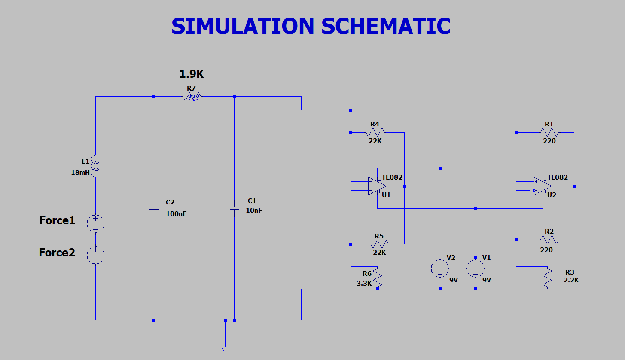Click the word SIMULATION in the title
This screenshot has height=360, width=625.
tap(243, 26)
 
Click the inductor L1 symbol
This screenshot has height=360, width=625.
tap(95, 167)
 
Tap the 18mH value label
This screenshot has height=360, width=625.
tap(80, 173)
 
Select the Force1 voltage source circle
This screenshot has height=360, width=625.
tap(95, 223)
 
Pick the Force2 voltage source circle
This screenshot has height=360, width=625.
tap(95, 255)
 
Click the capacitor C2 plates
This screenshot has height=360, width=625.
tap(154, 208)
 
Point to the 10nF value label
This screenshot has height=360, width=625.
tap(253, 211)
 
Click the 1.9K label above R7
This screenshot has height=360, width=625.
tap(192, 74)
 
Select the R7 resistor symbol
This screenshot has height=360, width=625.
tap(192, 97)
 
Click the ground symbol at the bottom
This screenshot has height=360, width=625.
tap(225, 348)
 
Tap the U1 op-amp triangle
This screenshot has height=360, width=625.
tap(377, 186)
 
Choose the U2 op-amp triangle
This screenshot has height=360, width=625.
tap(543, 186)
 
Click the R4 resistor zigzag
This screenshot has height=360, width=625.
tap(375, 132)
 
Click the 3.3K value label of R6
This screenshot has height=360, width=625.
tap(364, 284)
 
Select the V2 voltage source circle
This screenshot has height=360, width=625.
tap(440, 268)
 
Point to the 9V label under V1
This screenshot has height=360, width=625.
tap(486, 280)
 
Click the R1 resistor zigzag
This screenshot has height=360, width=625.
tap(549, 132)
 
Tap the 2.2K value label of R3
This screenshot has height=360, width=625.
tap(571, 280)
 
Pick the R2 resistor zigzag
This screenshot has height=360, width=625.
tap(549, 240)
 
